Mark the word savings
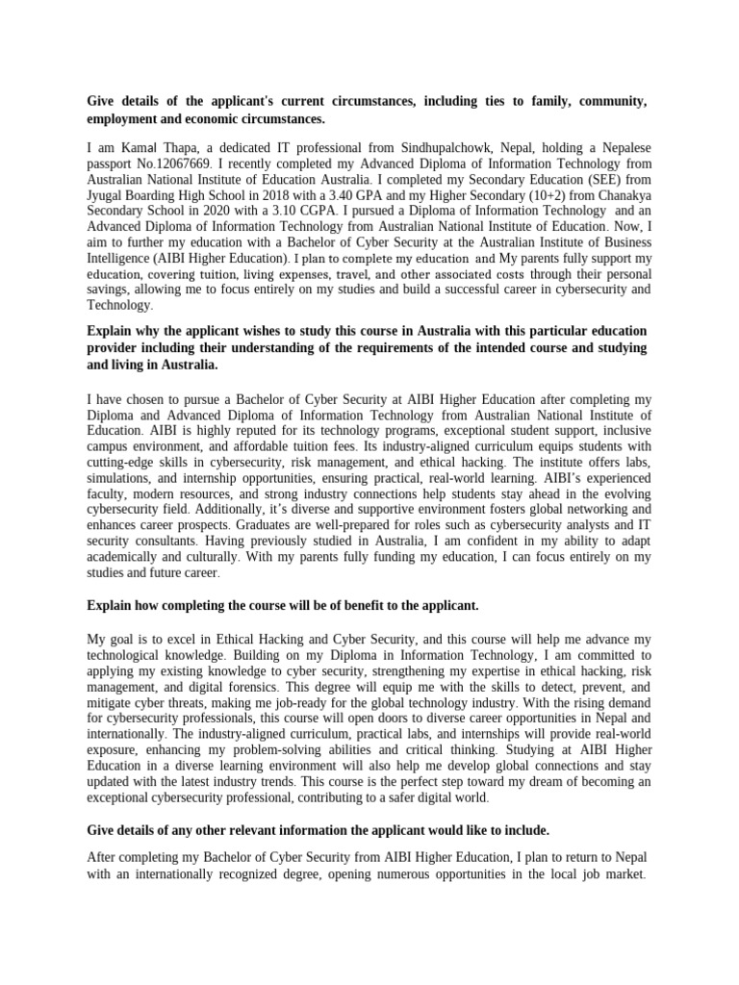tap(111, 290)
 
